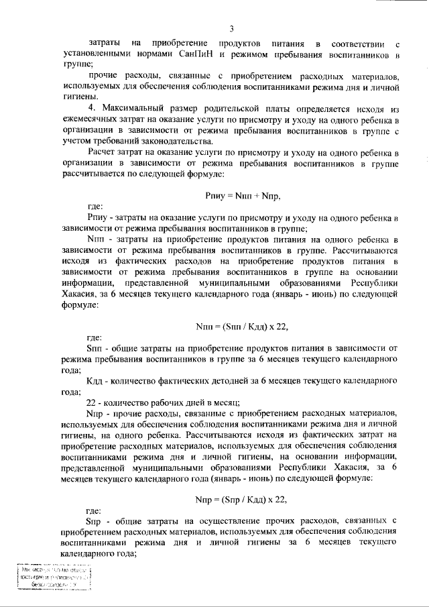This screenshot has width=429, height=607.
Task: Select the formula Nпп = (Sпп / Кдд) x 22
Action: click(241, 327)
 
